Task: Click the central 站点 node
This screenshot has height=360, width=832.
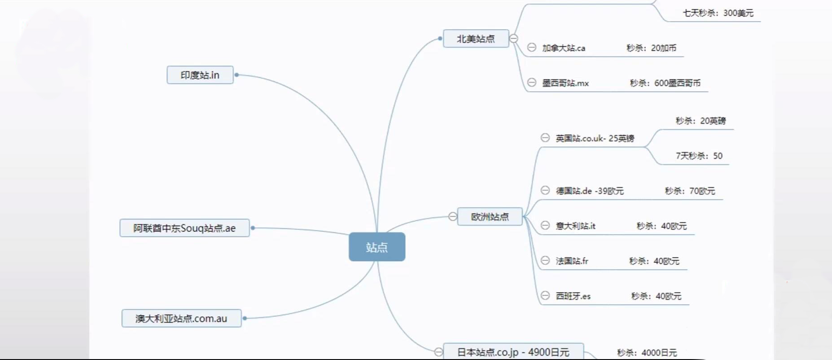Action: tap(377, 247)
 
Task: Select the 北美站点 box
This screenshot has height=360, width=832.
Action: tap(476, 39)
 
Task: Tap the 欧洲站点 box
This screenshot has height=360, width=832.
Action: tap(490, 217)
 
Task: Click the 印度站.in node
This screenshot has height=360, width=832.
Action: tap(200, 75)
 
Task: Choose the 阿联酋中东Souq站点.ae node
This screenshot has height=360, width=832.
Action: tap(184, 228)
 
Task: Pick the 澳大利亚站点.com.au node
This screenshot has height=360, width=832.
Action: tap(181, 318)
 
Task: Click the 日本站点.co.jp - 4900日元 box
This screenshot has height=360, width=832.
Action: tap(513, 352)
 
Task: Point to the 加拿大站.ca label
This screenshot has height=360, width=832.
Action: tap(564, 48)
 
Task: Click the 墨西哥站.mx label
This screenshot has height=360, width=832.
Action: tap(565, 83)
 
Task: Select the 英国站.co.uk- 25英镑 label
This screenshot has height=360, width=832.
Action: tap(595, 138)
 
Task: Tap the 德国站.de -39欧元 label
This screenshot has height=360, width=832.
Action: tap(590, 191)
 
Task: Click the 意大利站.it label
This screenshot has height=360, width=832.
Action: tap(576, 226)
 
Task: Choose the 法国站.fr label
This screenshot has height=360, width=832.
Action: tap(572, 261)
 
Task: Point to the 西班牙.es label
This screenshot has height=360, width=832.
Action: tap(573, 296)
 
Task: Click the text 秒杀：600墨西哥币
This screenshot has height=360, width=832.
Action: tap(665, 83)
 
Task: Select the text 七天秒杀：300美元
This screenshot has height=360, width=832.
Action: tap(718, 13)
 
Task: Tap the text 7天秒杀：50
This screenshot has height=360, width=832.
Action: tap(699, 156)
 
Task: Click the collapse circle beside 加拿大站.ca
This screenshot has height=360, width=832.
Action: tap(532, 48)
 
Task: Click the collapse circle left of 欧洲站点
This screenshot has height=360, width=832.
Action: tap(453, 217)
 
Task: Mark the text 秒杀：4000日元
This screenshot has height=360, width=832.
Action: tap(647, 353)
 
